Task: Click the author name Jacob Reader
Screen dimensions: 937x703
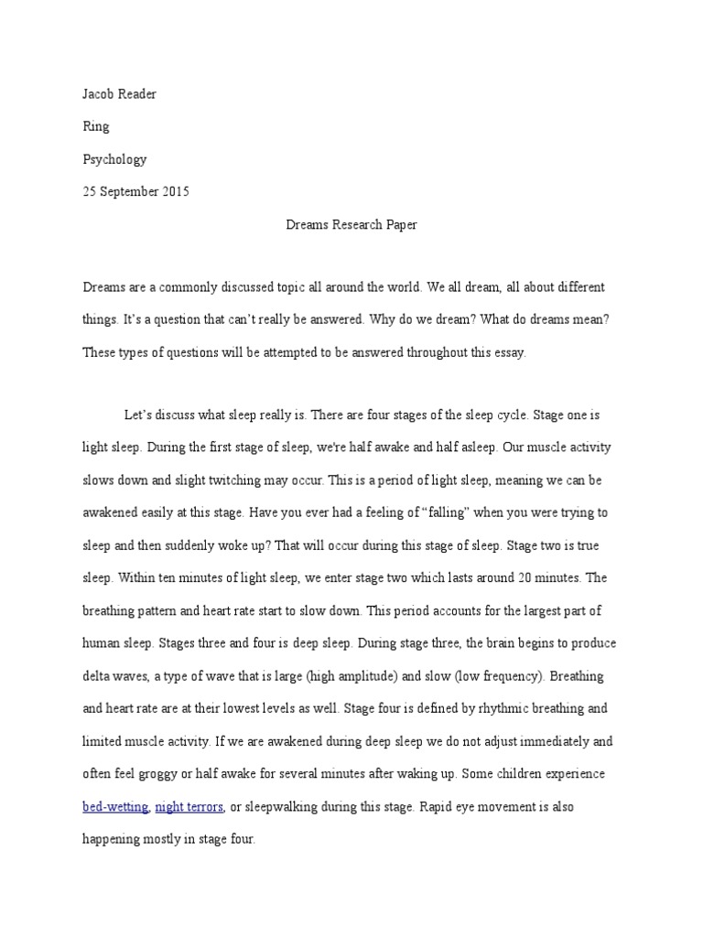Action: pyautogui.click(x=119, y=94)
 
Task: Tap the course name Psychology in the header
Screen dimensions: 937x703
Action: pyautogui.click(x=114, y=159)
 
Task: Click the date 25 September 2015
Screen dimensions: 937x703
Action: pyautogui.click(x=136, y=192)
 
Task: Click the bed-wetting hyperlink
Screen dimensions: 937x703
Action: pyautogui.click(x=114, y=807)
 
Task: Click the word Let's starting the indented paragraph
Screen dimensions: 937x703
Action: pyautogui.click(x=140, y=415)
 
